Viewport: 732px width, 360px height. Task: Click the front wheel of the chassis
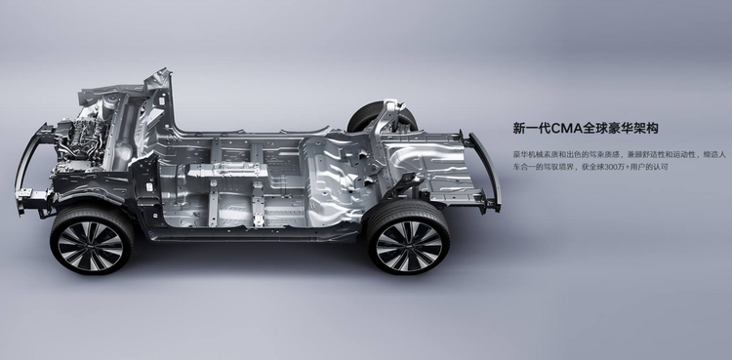point(92,240)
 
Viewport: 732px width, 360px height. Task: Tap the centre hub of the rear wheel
point(409,240)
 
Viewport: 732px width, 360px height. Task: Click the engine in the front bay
point(79,142)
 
